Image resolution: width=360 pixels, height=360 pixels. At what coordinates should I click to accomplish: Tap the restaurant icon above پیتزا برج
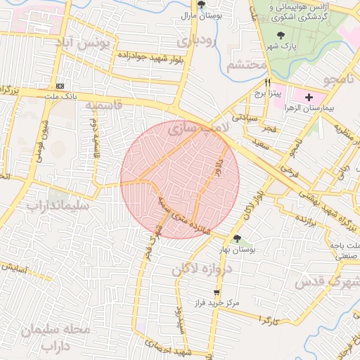click(267, 81)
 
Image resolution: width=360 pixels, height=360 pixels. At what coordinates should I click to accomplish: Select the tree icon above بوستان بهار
click(237, 238)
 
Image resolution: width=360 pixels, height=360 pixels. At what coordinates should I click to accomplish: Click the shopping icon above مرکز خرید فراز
click(217, 292)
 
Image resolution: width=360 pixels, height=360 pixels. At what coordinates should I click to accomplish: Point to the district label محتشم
click(247, 65)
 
